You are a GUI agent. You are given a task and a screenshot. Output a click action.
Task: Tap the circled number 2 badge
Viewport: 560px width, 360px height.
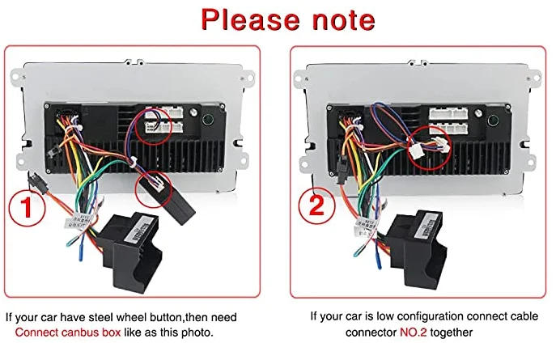pyautogui.click(x=317, y=208)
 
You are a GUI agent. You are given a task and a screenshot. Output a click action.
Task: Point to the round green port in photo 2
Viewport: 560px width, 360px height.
pyautogui.click(x=494, y=123)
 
